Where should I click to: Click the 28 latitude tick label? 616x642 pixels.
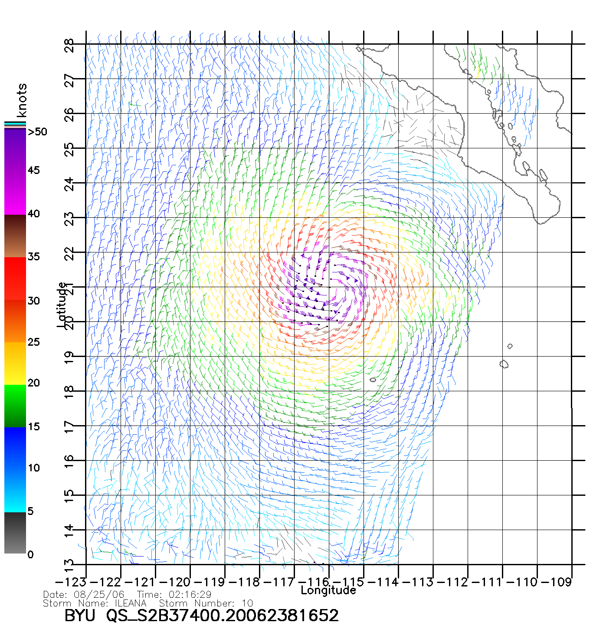coord(69,46)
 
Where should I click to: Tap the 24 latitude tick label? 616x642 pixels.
coord(69,184)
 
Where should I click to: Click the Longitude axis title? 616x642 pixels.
coord(328,590)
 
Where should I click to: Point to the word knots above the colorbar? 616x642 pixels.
coord(22,100)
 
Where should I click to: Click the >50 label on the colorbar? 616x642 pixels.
coord(37,132)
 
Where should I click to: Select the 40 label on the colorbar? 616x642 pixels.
coord(33,214)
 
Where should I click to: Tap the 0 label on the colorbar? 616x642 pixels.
coord(30,555)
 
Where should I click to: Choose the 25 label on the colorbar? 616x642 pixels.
coord(33,342)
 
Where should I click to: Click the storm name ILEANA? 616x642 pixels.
coord(131,603)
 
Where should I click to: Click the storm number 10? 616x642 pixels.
coord(247,603)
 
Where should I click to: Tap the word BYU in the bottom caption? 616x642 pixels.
coord(79,616)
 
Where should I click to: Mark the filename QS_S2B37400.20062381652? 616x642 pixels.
coord(223,616)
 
